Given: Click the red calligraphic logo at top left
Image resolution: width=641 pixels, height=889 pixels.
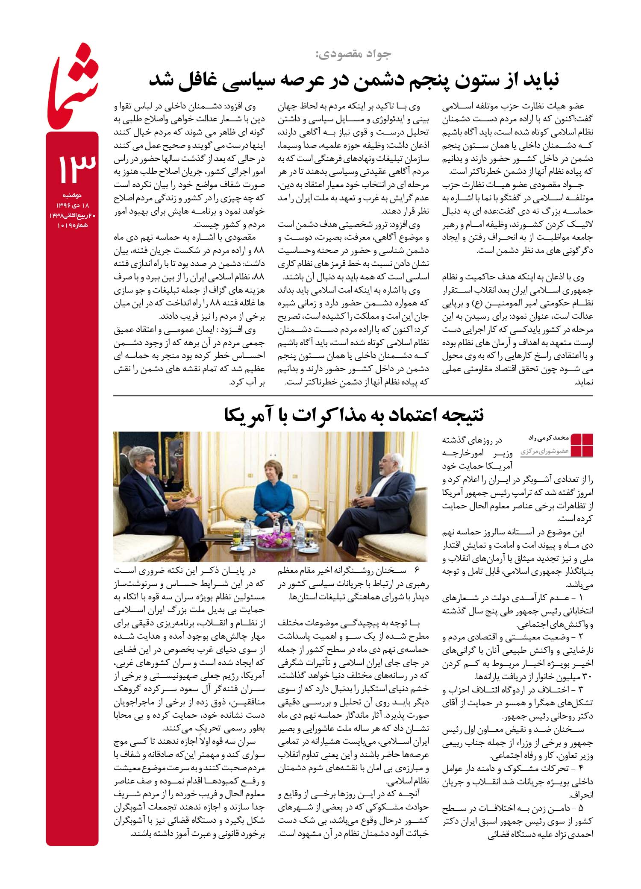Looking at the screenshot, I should pos(72,94).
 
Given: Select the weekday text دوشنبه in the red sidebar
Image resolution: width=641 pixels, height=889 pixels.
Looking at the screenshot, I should pos(72,196).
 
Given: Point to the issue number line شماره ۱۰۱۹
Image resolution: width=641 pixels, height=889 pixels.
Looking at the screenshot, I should pos(72,225).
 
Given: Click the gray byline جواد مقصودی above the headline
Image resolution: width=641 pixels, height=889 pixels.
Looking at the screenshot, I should pos(353,54).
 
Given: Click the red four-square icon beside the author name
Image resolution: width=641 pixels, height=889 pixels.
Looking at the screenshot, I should pos(582,445).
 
